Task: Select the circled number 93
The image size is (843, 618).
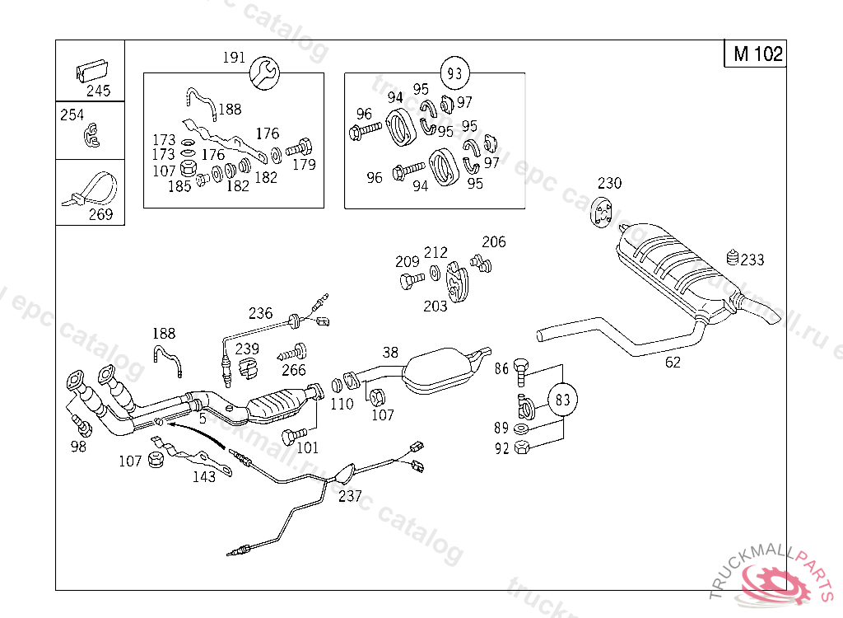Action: [x=454, y=73]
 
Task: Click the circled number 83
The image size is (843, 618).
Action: [x=562, y=400]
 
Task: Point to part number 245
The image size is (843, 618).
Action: [x=98, y=91]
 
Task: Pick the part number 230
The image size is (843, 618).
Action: [x=610, y=183]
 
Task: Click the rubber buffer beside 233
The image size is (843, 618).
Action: [x=732, y=258]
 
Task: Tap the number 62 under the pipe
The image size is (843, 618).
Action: [x=673, y=363]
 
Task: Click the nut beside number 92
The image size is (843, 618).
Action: [x=521, y=449]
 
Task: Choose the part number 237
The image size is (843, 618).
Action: [x=350, y=496]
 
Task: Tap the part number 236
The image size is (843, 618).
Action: [x=260, y=313]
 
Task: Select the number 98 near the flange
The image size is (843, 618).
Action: [x=78, y=447]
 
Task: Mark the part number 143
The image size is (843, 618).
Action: [x=204, y=475]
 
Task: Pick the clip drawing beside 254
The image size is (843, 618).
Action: [x=91, y=136]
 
